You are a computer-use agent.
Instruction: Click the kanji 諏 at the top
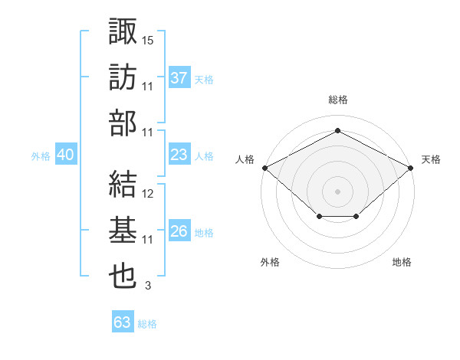(123, 33)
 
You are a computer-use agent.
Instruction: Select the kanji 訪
(123, 79)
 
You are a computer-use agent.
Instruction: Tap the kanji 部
(123, 125)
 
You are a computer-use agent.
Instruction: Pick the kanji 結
(123, 186)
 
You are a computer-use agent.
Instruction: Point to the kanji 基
(123, 232)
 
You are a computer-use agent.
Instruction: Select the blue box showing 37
(179, 77)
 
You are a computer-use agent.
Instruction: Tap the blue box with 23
(179, 155)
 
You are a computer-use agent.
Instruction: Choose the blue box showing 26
(179, 231)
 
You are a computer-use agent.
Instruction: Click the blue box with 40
(65, 155)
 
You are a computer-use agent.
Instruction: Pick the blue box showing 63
(122, 322)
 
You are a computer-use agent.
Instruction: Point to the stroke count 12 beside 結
(148, 193)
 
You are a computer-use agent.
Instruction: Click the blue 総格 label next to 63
(148, 324)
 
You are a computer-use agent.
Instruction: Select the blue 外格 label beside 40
(41, 156)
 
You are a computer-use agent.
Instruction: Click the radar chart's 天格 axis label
(431, 159)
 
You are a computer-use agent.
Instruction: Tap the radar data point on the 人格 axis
(264, 167)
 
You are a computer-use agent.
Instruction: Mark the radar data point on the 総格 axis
(337, 131)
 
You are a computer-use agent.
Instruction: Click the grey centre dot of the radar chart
(337, 191)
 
